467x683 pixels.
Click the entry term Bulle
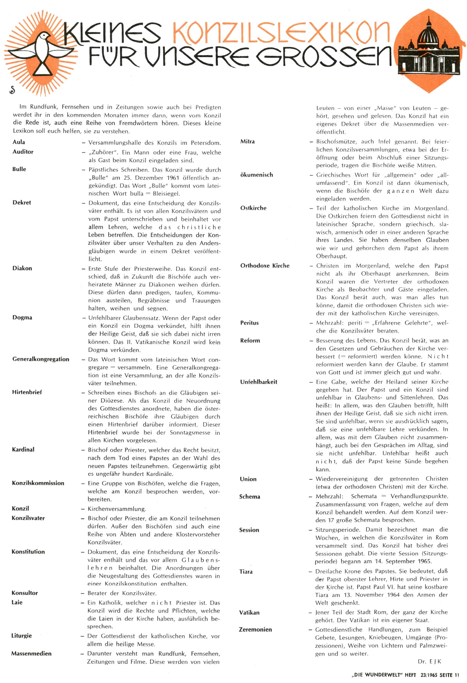(19, 169)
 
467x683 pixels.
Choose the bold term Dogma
(22, 318)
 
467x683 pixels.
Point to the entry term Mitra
(248, 142)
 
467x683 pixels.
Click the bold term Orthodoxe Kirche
(265, 266)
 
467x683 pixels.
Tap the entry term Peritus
(249, 323)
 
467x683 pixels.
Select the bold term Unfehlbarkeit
(259, 382)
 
